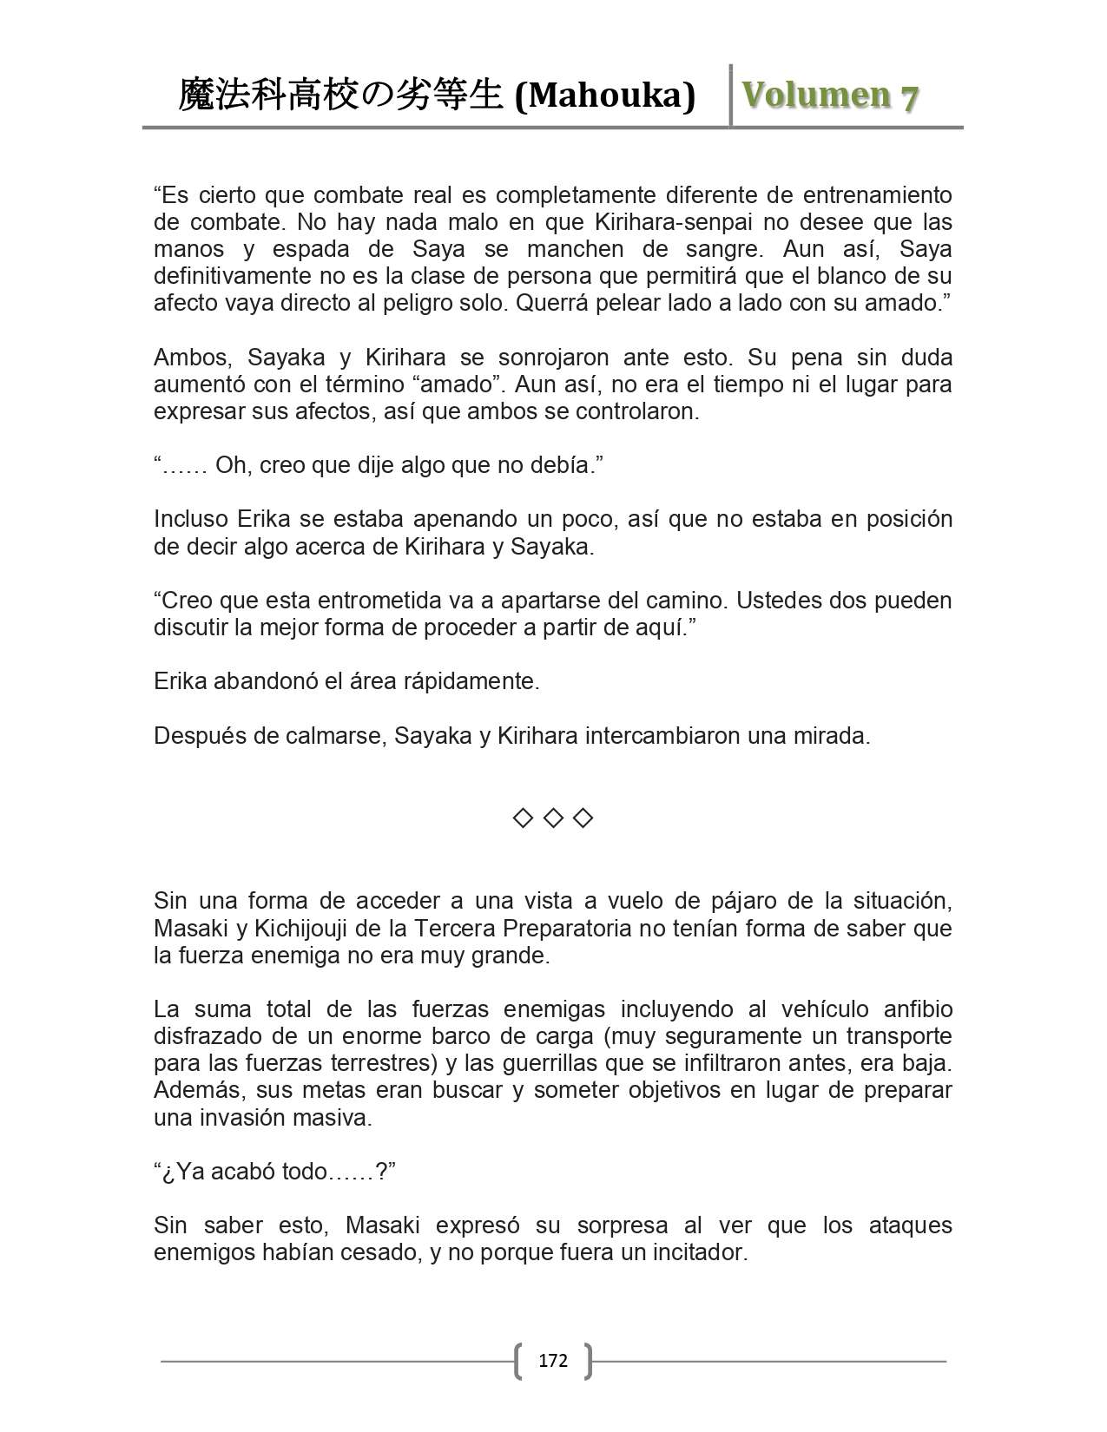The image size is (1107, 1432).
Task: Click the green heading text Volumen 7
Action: [x=830, y=95]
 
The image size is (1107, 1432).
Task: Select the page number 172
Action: [x=553, y=1360]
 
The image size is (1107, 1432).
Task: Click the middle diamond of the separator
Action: [x=553, y=818]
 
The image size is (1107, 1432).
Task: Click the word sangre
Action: [x=726, y=249]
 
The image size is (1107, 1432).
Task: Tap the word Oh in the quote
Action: [x=231, y=465]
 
